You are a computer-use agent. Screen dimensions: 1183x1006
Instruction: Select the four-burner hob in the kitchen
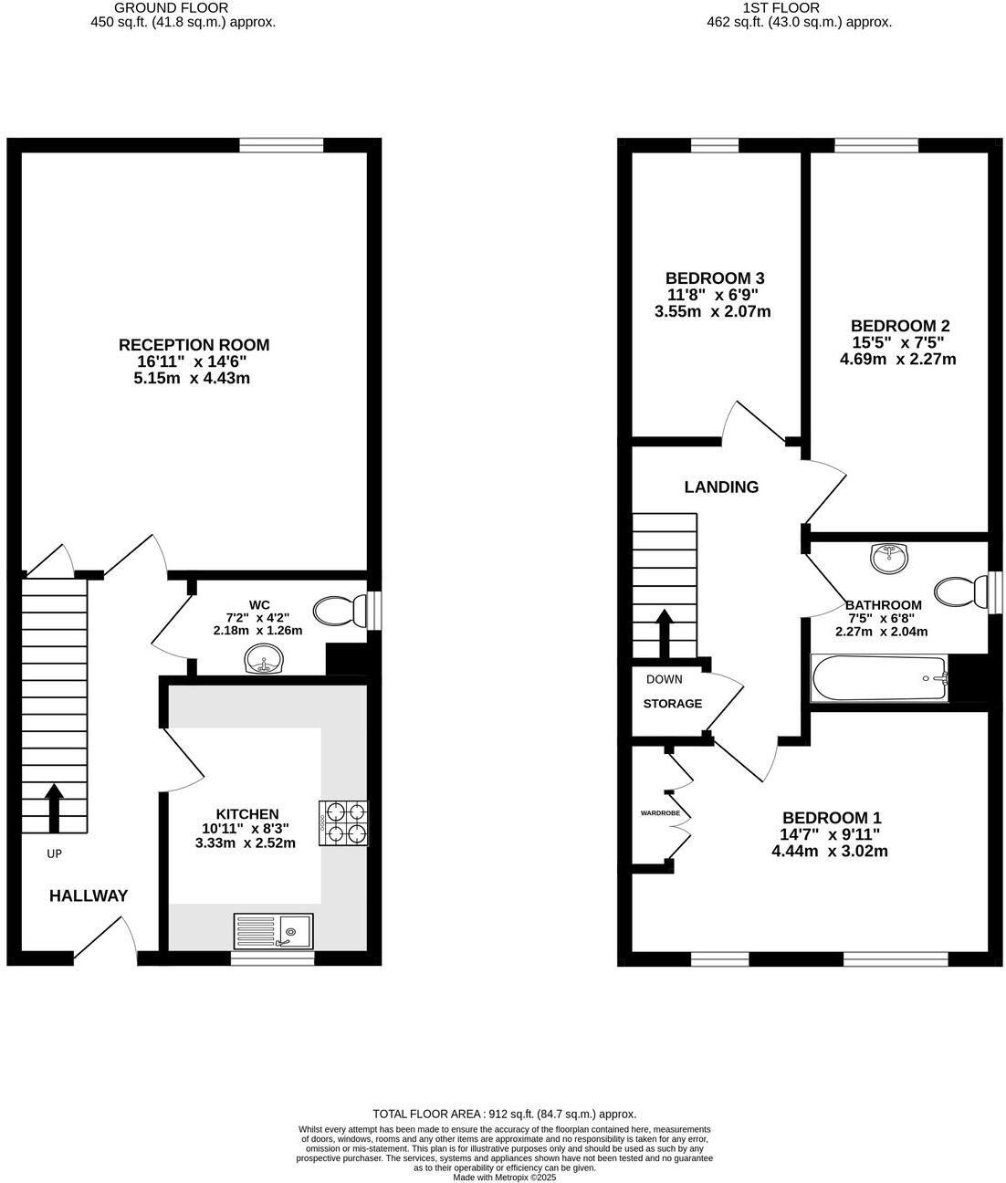[343, 822]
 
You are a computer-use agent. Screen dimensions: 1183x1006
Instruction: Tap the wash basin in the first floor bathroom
[889, 557]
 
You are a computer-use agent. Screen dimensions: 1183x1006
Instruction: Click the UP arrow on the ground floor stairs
[55, 807]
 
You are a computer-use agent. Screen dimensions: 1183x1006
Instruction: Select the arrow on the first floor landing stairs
[665, 632]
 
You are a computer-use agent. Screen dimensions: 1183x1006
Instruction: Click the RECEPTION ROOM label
[194, 345]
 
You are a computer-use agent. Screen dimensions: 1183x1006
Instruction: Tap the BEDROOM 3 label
[714, 278]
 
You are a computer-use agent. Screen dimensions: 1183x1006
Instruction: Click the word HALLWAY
[89, 896]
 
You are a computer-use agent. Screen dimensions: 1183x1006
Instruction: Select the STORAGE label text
[673, 704]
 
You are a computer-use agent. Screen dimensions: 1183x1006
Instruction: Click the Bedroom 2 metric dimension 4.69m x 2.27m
[897, 359]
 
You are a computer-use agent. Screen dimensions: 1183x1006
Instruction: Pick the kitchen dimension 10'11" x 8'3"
[246, 829]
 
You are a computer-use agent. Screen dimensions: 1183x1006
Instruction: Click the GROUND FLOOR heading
[183, 7]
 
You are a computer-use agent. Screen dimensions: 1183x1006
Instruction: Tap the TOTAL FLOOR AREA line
[504, 1114]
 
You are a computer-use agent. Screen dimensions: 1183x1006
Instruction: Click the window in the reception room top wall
[281, 144]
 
